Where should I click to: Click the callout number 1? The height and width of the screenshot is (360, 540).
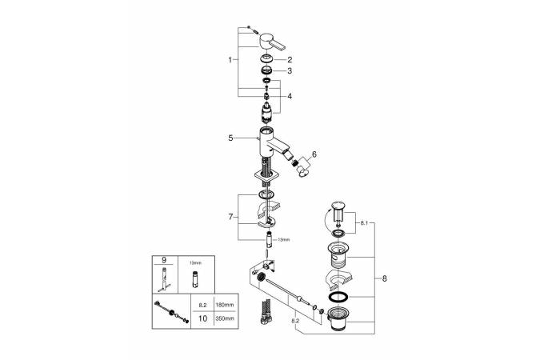[x=230, y=60]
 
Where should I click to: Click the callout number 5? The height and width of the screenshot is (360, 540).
[x=230, y=138]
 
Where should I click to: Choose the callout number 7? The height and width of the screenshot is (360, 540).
[x=230, y=216]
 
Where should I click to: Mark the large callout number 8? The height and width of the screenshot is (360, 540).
[x=385, y=278]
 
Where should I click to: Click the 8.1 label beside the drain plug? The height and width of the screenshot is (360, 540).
[x=365, y=222]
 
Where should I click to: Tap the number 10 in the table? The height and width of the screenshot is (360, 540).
[x=203, y=318]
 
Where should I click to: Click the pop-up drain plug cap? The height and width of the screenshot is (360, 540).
[x=339, y=213]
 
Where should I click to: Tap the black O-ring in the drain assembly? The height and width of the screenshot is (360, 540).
[x=339, y=298]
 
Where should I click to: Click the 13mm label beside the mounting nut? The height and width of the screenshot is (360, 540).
[x=282, y=239]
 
